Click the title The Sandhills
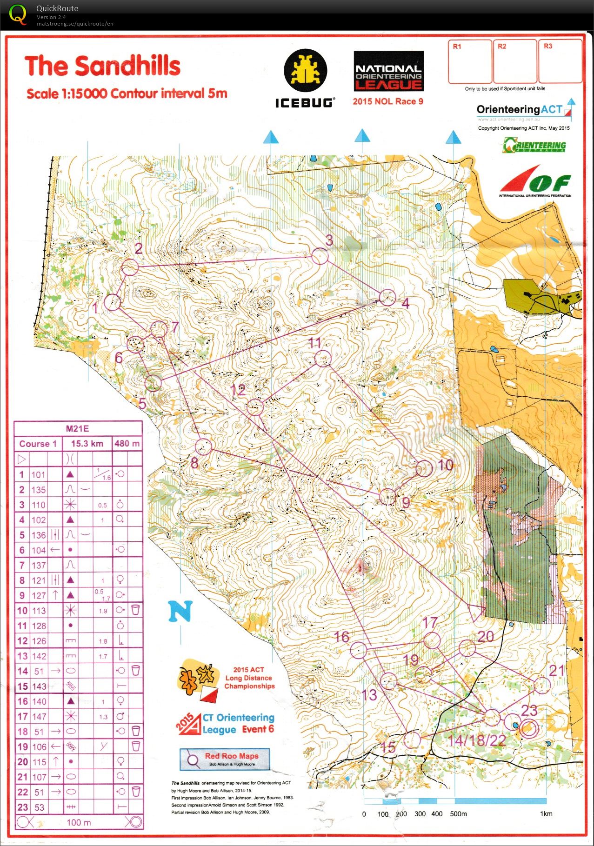(x=102, y=66)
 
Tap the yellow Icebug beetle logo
(x=306, y=71)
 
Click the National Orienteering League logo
(x=388, y=71)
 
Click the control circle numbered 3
(x=320, y=256)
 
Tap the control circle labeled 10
(x=424, y=468)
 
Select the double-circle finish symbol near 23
(x=528, y=729)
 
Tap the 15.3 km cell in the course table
(x=87, y=444)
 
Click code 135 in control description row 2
(x=39, y=490)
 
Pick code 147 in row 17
(x=39, y=717)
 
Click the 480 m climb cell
(x=127, y=444)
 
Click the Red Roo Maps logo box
(x=225, y=759)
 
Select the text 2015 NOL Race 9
(x=388, y=101)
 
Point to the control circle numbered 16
(x=359, y=650)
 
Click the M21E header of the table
(x=78, y=428)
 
